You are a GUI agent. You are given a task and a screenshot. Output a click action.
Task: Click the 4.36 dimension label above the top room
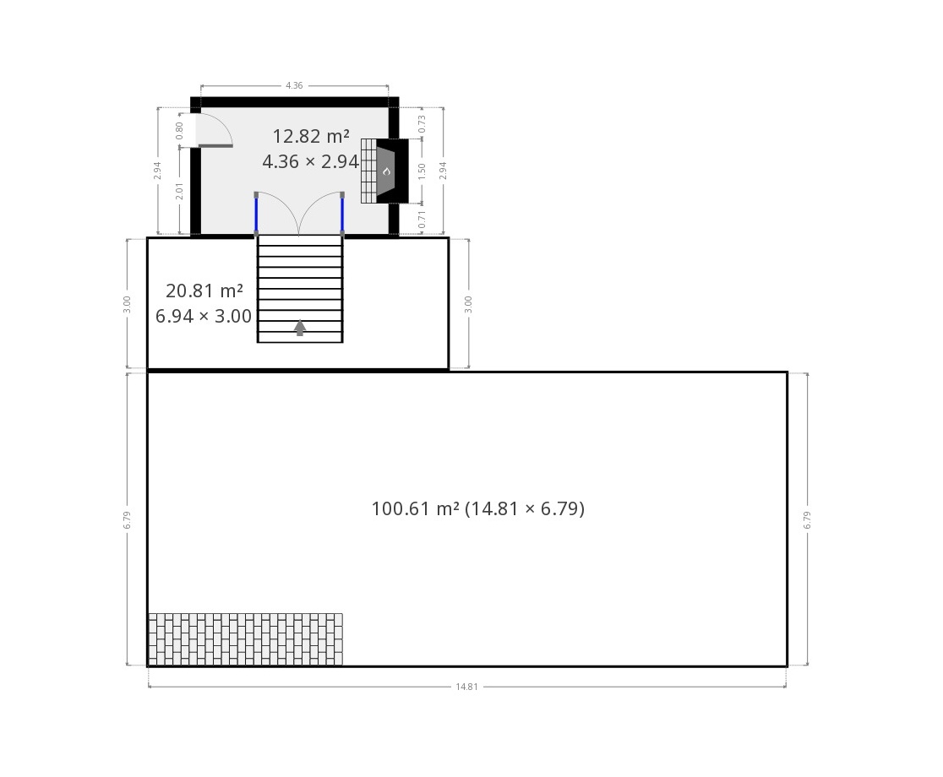point(294,85)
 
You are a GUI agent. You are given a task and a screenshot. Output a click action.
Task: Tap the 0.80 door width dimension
point(179,130)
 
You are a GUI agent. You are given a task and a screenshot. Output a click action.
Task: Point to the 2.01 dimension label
point(179,191)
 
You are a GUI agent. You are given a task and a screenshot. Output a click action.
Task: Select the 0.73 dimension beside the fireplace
point(422,124)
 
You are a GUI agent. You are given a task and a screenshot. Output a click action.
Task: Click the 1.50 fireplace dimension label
point(422,171)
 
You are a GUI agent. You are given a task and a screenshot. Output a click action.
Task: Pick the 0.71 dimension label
point(422,220)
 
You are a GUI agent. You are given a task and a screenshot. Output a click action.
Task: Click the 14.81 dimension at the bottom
point(466,687)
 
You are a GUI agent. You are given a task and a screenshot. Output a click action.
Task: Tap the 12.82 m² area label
point(311,137)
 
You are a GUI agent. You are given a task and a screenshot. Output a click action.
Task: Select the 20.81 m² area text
point(204,291)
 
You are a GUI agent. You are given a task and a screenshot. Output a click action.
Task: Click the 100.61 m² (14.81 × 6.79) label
point(478,509)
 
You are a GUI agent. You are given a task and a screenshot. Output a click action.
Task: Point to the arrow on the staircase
point(300,328)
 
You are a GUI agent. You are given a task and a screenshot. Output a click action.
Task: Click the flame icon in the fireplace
point(387,171)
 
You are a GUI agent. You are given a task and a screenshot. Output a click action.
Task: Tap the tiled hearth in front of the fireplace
point(368,171)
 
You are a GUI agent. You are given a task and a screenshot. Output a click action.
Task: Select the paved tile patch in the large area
point(245,639)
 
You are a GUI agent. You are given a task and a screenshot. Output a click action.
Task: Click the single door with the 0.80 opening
point(214,130)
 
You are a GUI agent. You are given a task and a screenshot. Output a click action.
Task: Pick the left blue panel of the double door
point(256,214)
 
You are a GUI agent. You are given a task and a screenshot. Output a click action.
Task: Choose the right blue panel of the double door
point(342,214)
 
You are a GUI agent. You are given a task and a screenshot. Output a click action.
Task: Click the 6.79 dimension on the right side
point(807,519)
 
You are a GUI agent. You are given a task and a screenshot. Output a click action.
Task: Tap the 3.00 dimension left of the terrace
point(127,304)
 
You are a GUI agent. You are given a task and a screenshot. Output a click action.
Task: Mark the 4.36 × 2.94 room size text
point(311,161)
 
